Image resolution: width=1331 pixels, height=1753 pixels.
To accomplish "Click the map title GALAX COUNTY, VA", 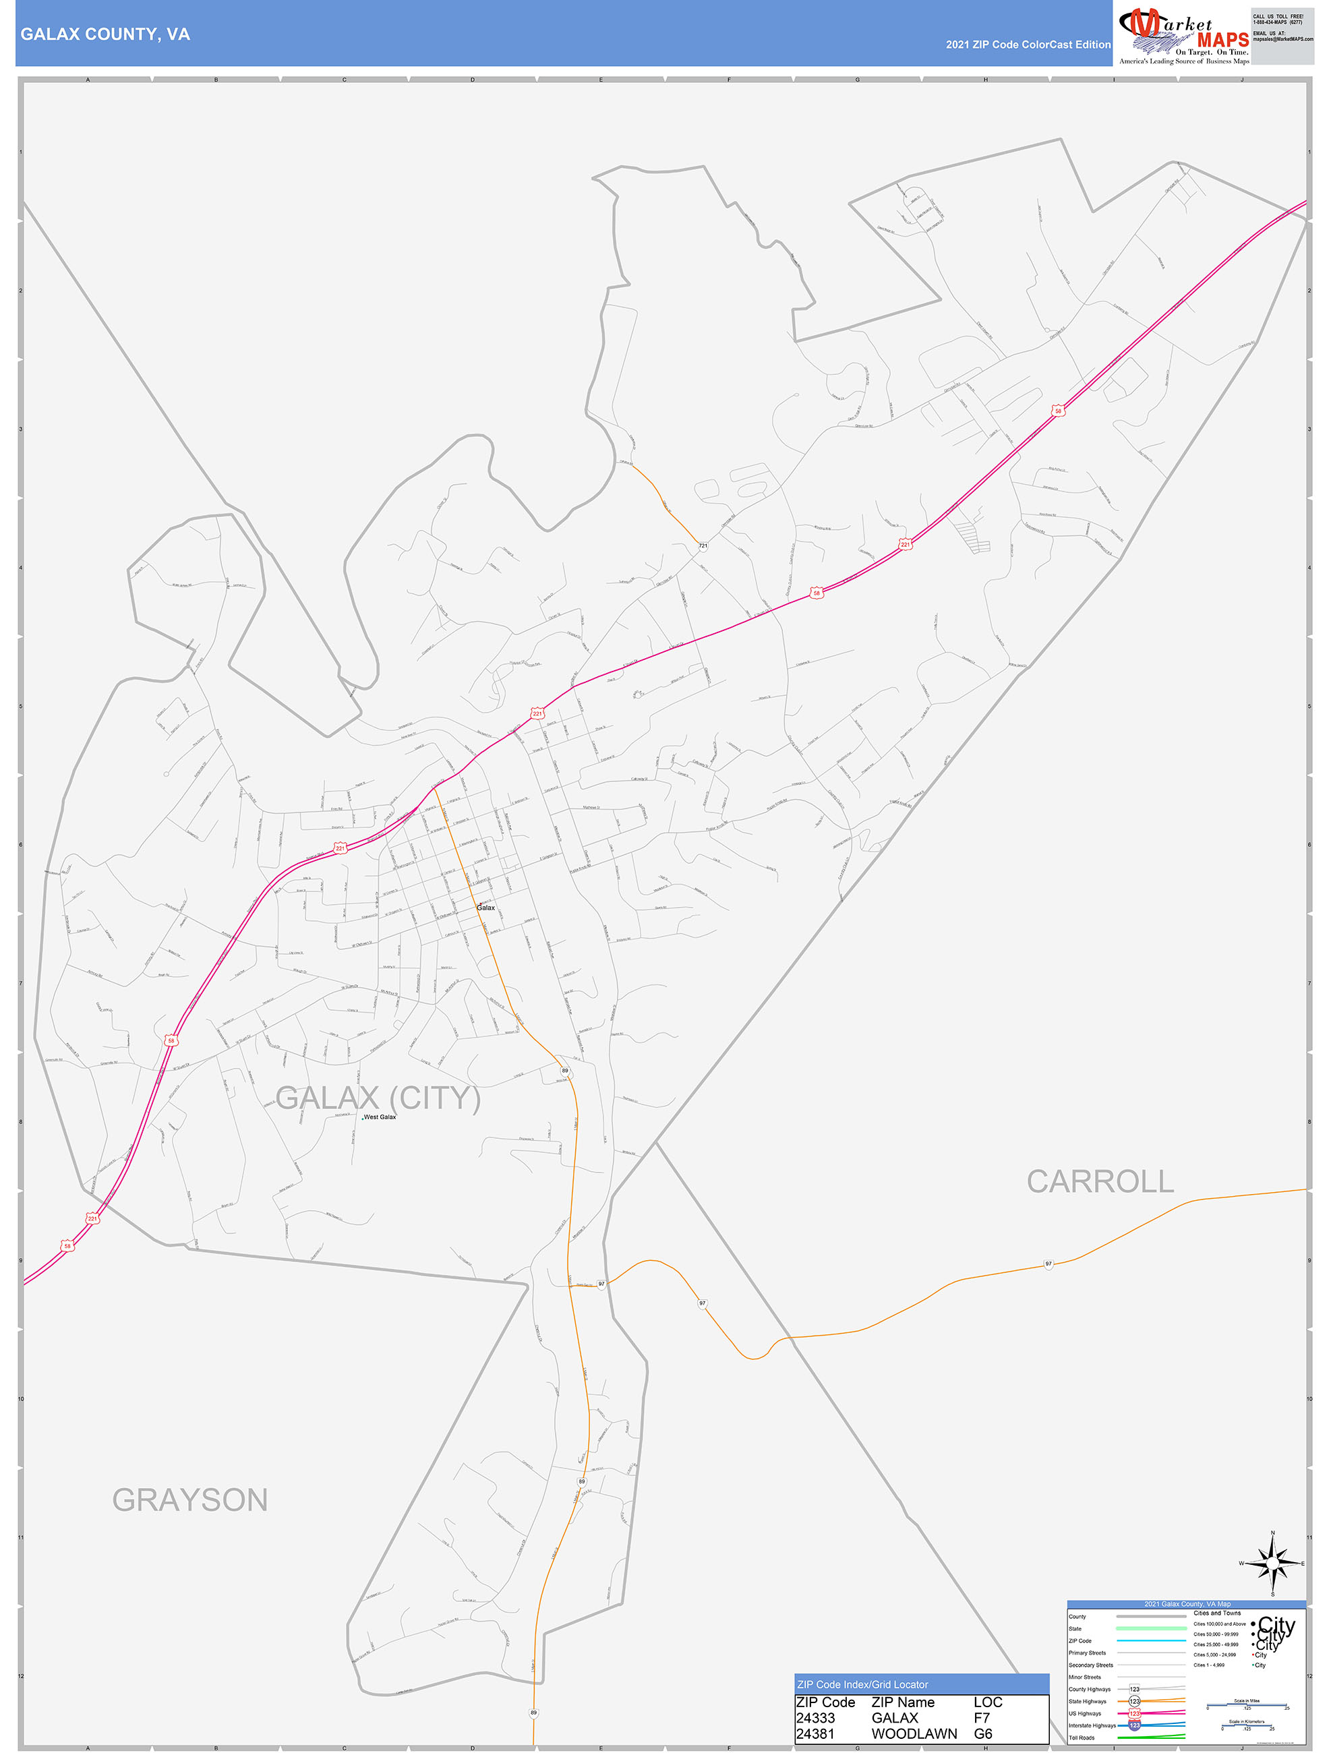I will pyautogui.click(x=105, y=34).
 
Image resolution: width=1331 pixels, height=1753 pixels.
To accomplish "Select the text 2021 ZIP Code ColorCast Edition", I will pyautogui.click(x=1028, y=44).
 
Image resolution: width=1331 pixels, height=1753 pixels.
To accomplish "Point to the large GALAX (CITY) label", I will pyautogui.click(x=378, y=1098).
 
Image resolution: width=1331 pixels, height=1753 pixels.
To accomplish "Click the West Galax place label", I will pyautogui.click(x=380, y=1117).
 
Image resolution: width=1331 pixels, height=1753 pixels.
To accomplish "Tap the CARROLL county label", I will pyautogui.click(x=1100, y=1182).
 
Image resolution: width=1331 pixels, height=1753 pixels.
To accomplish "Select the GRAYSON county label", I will pyautogui.click(x=190, y=1500).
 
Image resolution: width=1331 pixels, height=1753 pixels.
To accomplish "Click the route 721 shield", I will pyautogui.click(x=703, y=546).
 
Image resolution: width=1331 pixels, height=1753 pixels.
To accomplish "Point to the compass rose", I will pyautogui.click(x=1272, y=1564).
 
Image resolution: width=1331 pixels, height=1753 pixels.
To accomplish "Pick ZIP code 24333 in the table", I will pyautogui.click(x=815, y=1717).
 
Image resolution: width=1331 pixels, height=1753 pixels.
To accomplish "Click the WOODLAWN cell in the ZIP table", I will pyautogui.click(x=914, y=1733).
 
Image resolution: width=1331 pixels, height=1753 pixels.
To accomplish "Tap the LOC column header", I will pyautogui.click(x=988, y=1702).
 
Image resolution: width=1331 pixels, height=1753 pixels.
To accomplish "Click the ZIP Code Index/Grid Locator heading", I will pyautogui.click(x=862, y=1684).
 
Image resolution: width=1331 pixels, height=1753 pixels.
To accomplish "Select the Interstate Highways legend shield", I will pyautogui.click(x=1134, y=1725).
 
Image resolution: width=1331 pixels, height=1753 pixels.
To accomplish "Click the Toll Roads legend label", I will pyautogui.click(x=1082, y=1737).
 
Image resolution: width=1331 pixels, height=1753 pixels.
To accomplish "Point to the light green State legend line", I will pyautogui.click(x=1150, y=1628).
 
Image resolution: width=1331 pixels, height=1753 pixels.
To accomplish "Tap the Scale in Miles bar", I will pyautogui.click(x=1247, y=1705).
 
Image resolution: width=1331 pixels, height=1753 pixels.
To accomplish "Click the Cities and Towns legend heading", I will pyautogui.click(x=1217, y=1613).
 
